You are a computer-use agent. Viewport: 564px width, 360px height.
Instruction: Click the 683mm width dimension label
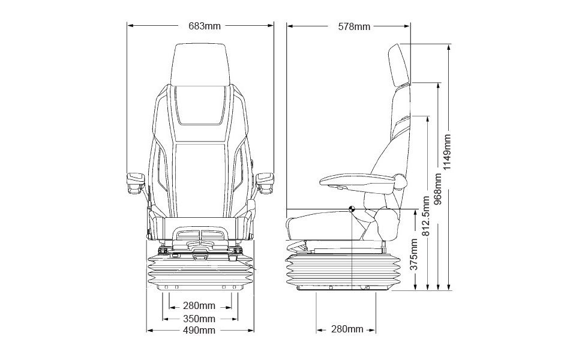click(205, 26)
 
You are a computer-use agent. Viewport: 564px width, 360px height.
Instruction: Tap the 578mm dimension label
click(354, 26)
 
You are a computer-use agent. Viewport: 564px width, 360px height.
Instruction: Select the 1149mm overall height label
click(447, 152)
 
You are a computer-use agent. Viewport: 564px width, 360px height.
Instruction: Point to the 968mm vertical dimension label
click(438, 189)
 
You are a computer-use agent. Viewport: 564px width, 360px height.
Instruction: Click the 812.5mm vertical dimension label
click(426, 216)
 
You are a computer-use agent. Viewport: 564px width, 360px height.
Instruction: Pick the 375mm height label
click(414, 254)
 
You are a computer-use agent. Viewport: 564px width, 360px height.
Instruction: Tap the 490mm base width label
click(199, 330)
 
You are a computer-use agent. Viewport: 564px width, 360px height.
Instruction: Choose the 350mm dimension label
click(199, 319)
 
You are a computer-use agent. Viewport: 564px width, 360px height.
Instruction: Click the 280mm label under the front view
click(199, 305)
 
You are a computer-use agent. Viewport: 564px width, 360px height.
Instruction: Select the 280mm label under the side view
click(347, 329)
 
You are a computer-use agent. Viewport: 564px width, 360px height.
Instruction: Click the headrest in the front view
click(200, 65)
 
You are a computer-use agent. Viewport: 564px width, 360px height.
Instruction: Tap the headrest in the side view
click(399, 65)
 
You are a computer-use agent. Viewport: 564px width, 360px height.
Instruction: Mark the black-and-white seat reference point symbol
click(352, 209)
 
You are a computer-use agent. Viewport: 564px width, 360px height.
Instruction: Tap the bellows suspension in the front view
click(200, 271)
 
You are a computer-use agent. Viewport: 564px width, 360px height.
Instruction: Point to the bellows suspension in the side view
click(343, 271)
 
